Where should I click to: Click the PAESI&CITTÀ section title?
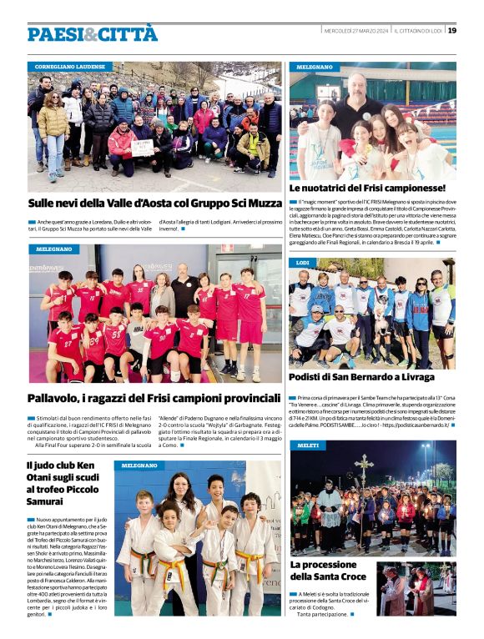pyautogui.click(x=92, y=33)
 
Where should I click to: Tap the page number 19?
pyautogui.click(x=451, y=31)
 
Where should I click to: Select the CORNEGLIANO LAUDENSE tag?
pyautogui.click(x=70, y=66)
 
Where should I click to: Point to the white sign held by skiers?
pyautogui.click(x=143, y=147)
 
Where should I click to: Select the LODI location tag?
pyautogui.click(x=302, y=263)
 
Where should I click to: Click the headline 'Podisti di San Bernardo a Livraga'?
pyautogui.click(x=361, y=377)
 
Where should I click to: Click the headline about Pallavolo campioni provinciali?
pyautogui.click(x=154, y=398)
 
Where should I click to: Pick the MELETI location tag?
pyautogui.click(x=306, y=445)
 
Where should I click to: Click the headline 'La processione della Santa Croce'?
pyautogui.click(x=328, y=571)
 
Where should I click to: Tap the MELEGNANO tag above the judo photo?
pyautogui.click(x=139, y=465)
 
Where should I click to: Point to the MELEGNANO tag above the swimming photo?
pyautogui.click(x=314, y=66)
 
